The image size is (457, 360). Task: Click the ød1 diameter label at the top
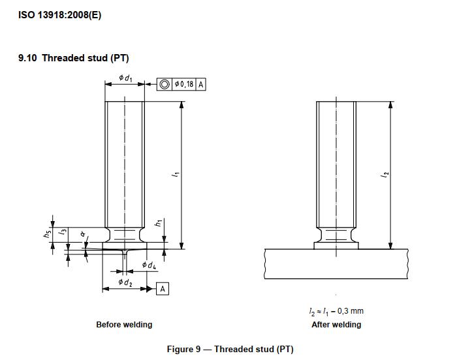(x=125, y=78)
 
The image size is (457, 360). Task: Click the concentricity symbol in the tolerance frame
(x=165, y=84)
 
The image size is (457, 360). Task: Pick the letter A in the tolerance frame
(x=200, y=84)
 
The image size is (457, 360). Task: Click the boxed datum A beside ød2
(x=162, y=288)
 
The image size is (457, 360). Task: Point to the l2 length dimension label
(x=385, y=174)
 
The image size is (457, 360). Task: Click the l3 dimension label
(x=61, y=232)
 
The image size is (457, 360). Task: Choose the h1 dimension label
(x=158, y=222)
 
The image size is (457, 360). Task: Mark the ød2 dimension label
(x=125, y=282)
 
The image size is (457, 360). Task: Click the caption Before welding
(x=124, y=325)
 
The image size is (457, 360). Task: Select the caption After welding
(x=336, y=325)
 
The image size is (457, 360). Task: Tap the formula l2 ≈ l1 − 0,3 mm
(x=336, y=312)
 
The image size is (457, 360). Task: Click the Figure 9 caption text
(x=230, y=350)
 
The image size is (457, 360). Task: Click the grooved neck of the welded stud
(x=336, y=235)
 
